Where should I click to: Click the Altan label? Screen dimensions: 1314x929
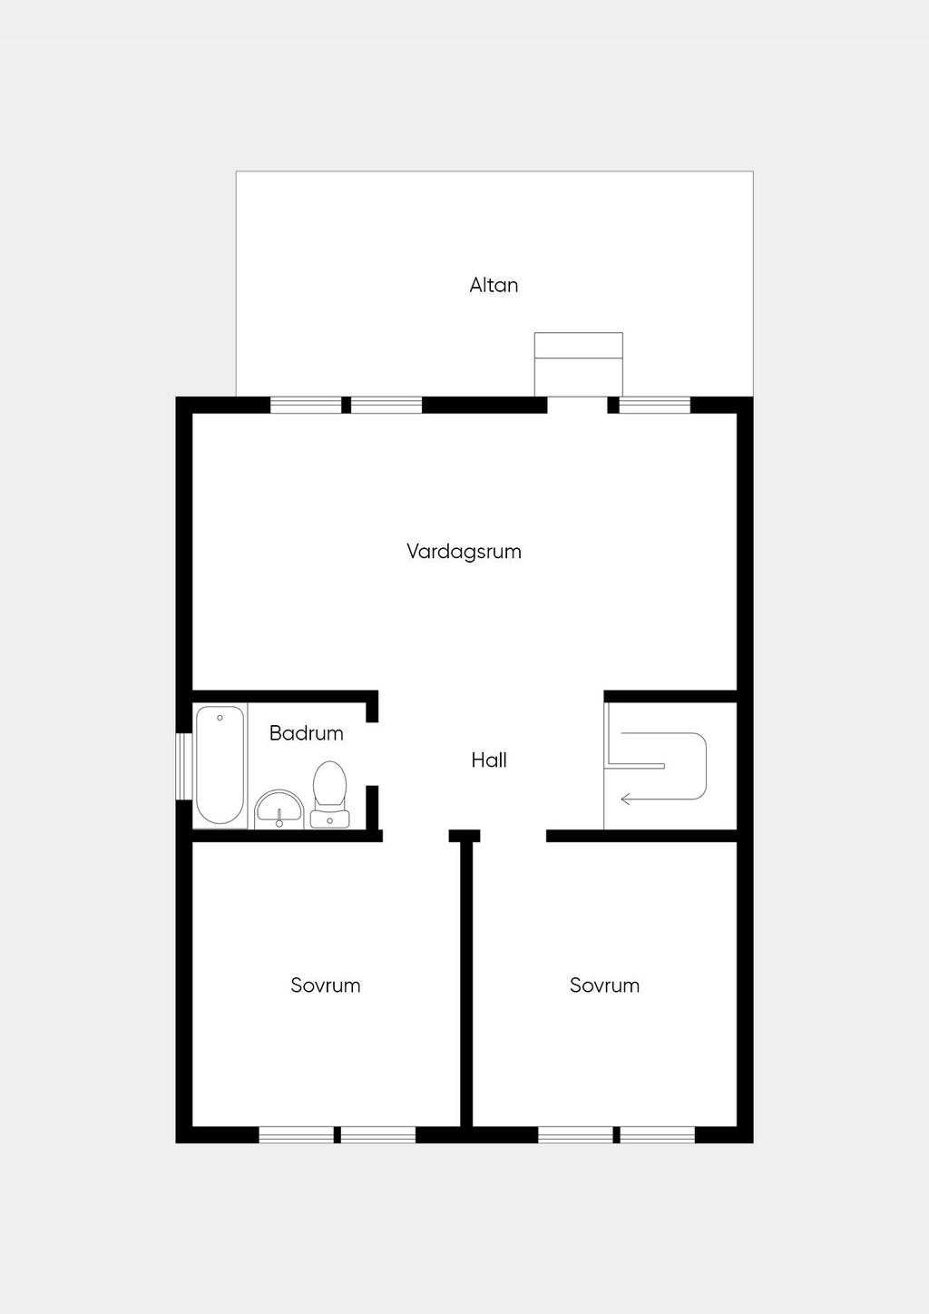point(494,285)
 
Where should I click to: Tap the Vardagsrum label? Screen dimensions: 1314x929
point(464,551)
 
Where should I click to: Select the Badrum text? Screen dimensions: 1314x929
point(306,733)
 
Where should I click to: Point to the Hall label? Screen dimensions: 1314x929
point(489,760)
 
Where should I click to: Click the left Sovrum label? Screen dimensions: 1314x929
point(326,985)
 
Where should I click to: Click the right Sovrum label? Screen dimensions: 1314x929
point(604,985)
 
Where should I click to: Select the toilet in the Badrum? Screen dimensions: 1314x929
point(329,785)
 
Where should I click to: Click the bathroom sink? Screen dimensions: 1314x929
point(279,809)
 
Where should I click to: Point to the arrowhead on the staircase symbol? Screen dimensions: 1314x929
point(624,799)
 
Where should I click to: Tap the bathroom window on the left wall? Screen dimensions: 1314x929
point(183,766)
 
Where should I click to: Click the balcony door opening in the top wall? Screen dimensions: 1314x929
point(577,405)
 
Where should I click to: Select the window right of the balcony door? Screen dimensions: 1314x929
point(654,405)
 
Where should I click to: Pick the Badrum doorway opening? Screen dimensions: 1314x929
point(372,754)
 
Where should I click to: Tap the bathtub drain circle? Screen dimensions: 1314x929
point(220,718)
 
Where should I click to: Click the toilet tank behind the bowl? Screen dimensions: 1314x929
point(329,819)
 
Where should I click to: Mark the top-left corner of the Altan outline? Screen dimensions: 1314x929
point(237,172)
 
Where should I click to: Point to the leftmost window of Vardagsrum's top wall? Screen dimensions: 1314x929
point(306,405)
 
